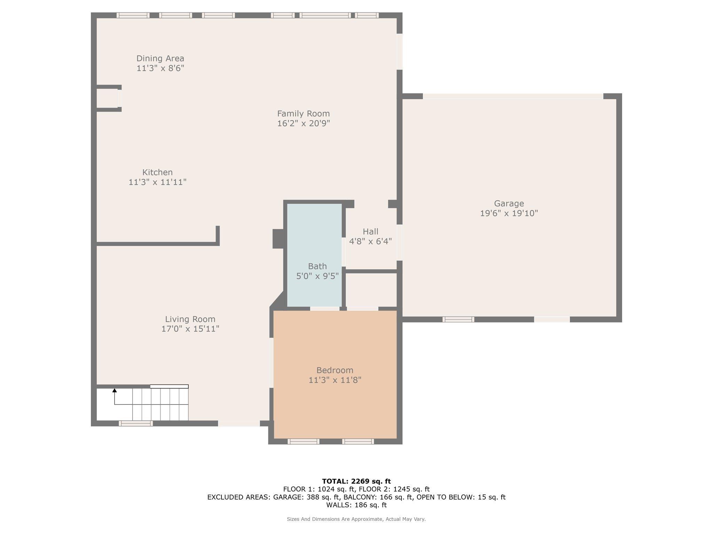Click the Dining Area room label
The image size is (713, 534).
160,58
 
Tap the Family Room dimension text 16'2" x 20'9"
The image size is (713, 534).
303,123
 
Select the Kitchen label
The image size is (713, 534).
157,172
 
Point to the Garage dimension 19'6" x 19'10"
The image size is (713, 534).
509,213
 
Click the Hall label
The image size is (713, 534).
370,232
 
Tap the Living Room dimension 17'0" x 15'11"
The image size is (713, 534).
190,329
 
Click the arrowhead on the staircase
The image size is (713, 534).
115,390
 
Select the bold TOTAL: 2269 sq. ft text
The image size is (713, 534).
356,481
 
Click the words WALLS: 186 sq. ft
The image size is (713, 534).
356,505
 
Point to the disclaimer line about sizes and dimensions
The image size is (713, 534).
356,519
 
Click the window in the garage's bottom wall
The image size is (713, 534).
458,319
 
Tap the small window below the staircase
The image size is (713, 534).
135,423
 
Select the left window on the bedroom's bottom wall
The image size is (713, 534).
303,442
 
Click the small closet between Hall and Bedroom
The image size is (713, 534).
371,290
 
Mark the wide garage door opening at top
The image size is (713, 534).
513,96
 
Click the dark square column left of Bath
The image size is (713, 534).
278,239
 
